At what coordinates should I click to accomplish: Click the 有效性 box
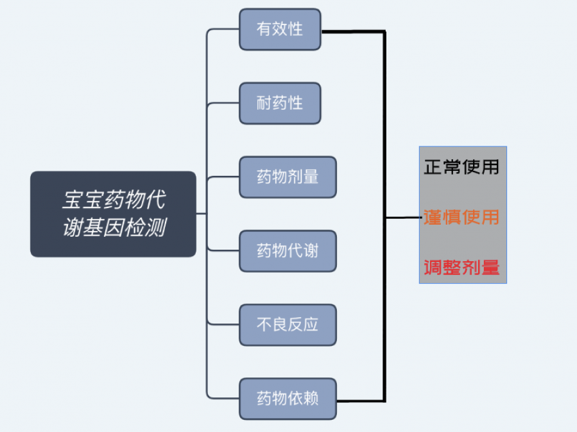tap(280, 30)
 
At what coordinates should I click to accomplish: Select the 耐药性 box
tap(280, 103)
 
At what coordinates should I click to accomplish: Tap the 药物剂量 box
tap(288, 177)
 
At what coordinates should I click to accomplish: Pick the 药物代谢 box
tap(288, 251)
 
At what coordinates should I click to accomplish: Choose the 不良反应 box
tap(288, 325)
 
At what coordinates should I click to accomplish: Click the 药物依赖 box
tap(288, 399)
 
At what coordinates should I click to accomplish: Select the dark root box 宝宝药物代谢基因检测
tap(113, 214)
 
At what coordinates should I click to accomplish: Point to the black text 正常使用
tap(461, 168)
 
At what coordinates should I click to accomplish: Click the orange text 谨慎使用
tap(461, 218)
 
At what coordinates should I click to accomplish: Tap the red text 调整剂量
tap(461, 267)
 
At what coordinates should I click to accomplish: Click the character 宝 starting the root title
tap(71, 200)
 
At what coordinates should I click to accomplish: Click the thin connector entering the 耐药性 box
tap(223, 103)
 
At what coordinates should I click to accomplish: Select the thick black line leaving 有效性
tap(353, 31)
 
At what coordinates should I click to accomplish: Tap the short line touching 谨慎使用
tap(403, 218)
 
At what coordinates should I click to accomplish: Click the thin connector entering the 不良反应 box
tap(223, 325)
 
